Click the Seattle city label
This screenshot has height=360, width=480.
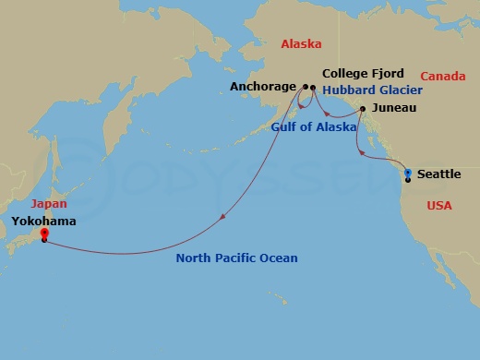coord(439,174)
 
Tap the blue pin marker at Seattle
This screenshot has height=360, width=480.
coord(408,173)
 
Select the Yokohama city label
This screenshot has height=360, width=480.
coord(44,222)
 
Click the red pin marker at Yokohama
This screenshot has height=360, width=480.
coord(44,234)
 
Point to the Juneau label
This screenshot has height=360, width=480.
coord(392,108)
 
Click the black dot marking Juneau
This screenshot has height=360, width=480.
coord(363,110)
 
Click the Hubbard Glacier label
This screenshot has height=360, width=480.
coord(372,90)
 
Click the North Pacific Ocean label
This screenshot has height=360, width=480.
coord(236,258)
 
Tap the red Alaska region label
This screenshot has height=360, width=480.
coord(300,43)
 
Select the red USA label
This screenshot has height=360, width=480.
coord(439,205)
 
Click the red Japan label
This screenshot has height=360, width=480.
coord(48,204)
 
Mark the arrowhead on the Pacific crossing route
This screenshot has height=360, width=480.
coord(222,218)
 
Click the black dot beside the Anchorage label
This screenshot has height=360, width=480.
coord(305,88)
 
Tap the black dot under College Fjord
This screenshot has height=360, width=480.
coord(314,88)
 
